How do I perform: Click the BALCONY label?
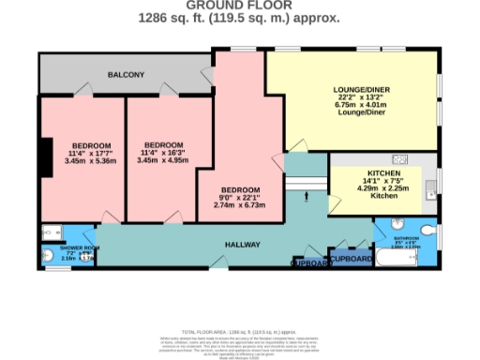(x=125, y=73)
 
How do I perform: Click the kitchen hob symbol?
(x=398, y=158)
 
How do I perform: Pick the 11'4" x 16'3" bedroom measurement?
(x=162, y=153)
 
